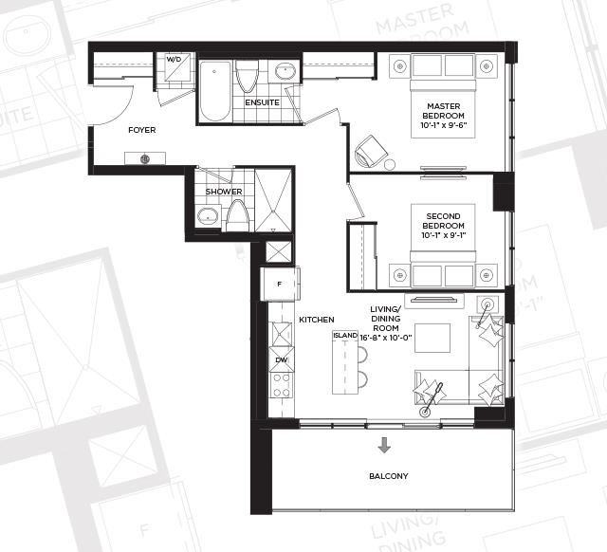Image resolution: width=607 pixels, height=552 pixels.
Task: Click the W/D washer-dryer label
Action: (174, 60)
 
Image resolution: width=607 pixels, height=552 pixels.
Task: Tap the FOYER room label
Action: (142, 130)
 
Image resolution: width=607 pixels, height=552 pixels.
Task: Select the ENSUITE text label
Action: (262, 102)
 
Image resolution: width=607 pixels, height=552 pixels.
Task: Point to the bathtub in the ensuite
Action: (215, 91)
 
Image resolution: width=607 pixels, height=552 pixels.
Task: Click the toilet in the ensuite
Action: (247, 76)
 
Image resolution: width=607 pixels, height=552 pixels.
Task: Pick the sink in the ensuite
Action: (285, 71)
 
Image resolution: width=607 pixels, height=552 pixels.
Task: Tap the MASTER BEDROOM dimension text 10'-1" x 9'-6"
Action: (444, 125)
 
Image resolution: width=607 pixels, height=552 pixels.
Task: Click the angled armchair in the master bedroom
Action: (371, 152)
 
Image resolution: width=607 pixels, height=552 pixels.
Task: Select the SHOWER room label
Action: (224, 192)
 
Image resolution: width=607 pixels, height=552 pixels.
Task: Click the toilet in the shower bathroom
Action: (237, 215)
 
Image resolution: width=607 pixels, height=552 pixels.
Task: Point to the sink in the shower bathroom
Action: (208, 216)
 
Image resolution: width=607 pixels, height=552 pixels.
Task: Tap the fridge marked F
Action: (280, 284)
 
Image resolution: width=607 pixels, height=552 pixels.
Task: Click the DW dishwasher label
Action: (282, 360)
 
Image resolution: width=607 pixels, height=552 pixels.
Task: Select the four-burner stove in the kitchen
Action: (282, 385)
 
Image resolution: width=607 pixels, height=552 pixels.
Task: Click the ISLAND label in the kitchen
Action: (345, 335)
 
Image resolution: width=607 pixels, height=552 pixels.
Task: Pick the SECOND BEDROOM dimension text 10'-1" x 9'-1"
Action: (444, 235)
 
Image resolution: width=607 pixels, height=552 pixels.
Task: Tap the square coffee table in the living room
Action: (432, 338)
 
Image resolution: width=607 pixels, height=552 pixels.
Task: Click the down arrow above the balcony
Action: (384, 445)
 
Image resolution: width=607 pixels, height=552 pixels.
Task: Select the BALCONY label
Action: (389, 476)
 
